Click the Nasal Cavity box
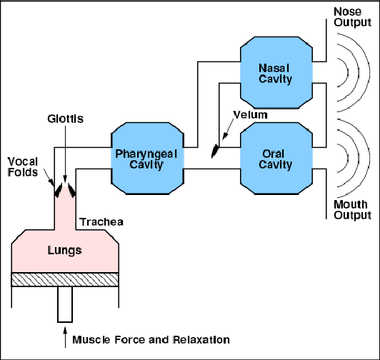[276, 72]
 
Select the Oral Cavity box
[276, 159]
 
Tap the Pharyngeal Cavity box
[147, 159]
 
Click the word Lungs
[65, 251]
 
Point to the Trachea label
[101, 222]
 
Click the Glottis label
[66, 119]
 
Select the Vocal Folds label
[23, 167]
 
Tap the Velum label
[250, 115]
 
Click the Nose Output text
[352, 17]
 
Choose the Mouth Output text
[352, 210]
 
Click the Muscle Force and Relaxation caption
[151, 339]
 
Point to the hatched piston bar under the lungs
[65, 279]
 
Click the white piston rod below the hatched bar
[65, 304]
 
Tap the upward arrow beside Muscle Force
[65, 337]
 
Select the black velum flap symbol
[215, 151]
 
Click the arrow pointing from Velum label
[228, 129]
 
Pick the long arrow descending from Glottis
[65, 154]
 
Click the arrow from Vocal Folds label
[49, 177]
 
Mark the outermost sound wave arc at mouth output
[369, 159]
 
